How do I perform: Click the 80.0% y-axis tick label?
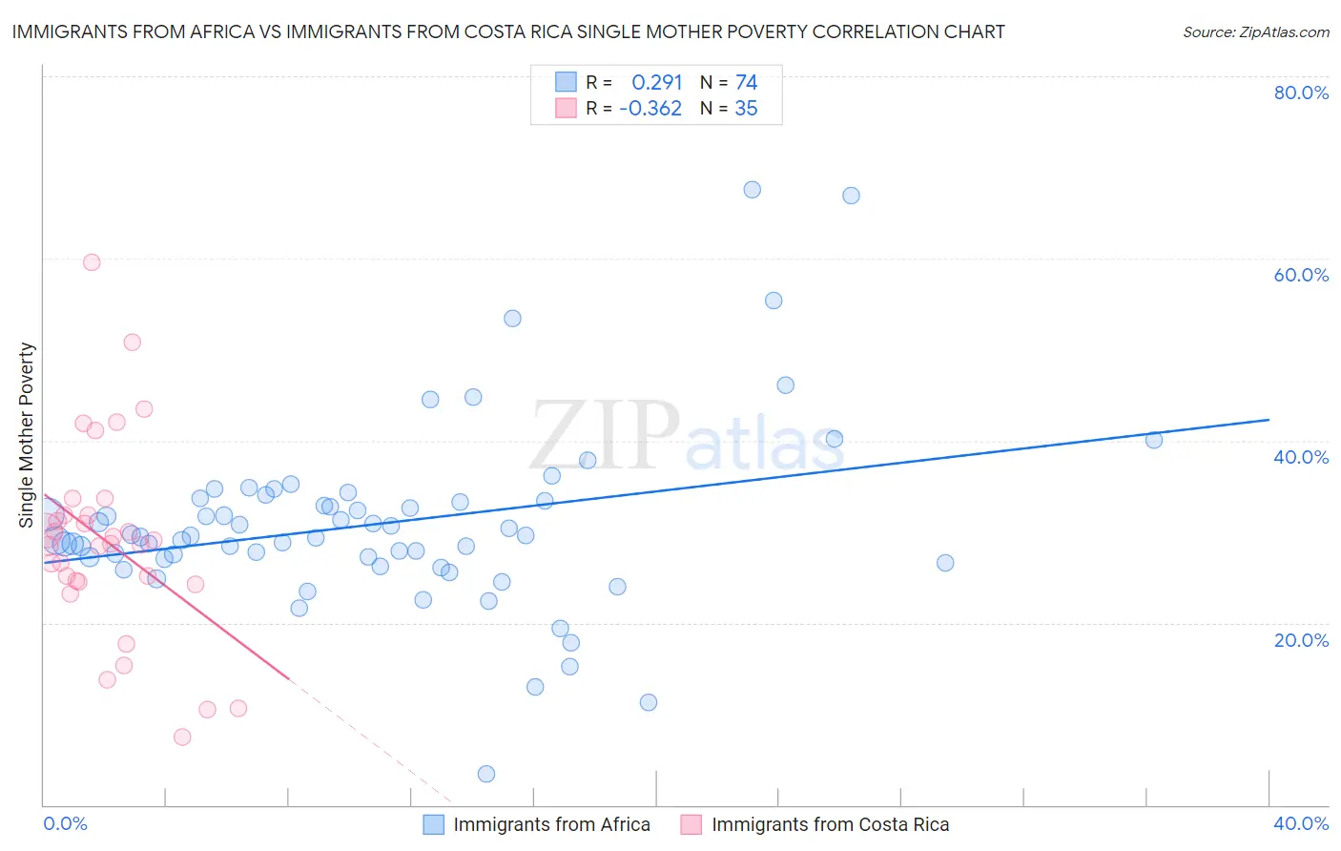[x=1301, y=93]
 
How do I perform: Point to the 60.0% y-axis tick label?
[x=1301, y=275]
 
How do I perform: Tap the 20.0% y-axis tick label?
[x=1301, y=639]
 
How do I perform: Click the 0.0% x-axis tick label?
[x=65, y=823]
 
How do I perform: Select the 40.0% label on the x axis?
[x=1301, y=823]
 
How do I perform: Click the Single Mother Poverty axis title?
[x=27, y=435]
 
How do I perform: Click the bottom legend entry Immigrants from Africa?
[x=551, y=824]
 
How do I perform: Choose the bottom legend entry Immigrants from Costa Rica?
[x=830, y=824]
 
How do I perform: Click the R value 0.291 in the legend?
[x=657, y=82]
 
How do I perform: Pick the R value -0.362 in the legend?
[x=650, y=109]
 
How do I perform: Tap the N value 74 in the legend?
[x=746, y=82]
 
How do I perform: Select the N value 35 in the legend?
[x=746, y=109]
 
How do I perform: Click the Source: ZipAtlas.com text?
[x=1255, y=32]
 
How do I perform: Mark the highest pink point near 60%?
[x=92, y=262]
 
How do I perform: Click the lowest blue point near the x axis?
[x=486, y=774]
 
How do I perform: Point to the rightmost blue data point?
[x=1154, y=440]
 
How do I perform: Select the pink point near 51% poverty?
[x=133, y=342]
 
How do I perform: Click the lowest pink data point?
[x=182, y=737]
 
